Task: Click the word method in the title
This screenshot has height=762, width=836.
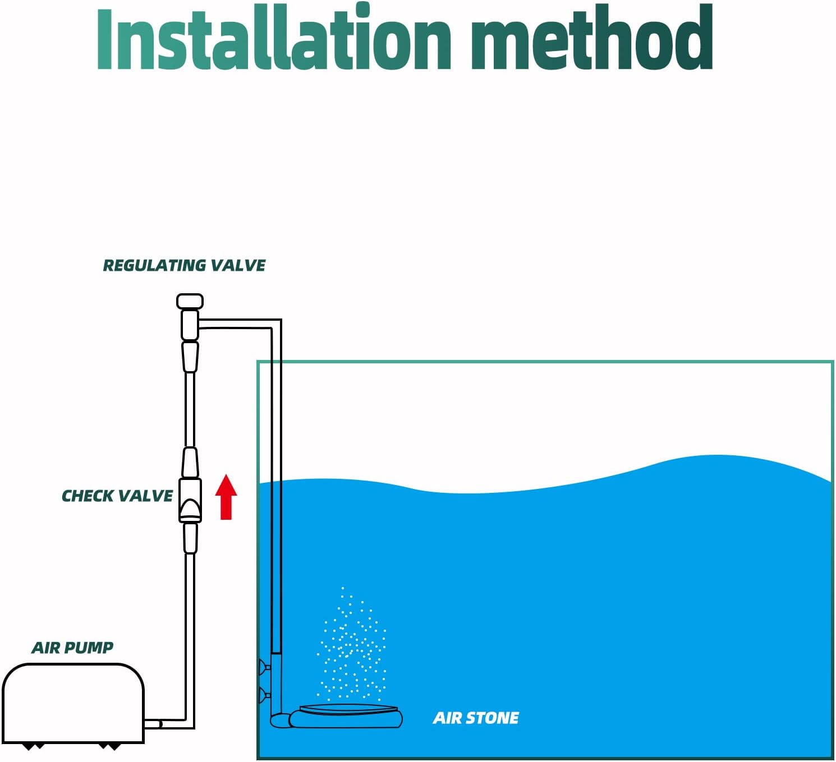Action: click(592, 37)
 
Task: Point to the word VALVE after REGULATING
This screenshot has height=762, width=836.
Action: click(237, 265)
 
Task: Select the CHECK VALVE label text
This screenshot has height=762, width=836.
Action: click(117, 496)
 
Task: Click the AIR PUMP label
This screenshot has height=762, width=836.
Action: click(72, 648)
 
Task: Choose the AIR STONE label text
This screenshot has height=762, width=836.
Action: click(476, 718)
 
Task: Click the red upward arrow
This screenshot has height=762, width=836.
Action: click(226, 497)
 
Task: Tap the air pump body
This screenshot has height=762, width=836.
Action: click(74, 703)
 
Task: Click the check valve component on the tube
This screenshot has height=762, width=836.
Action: click(190, 500)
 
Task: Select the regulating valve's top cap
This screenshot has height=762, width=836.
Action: click(190, 301)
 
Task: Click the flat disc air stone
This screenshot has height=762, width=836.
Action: click(346, 716)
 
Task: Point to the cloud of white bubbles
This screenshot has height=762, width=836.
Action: click(351, 644)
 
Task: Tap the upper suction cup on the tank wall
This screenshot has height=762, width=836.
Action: click(264, 667)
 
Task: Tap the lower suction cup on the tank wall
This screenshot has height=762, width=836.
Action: click(264, 695)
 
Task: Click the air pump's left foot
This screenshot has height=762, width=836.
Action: click(33, 746)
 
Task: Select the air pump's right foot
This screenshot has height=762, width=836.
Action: click(109, 746)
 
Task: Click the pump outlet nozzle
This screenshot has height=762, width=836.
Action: click(153, 724)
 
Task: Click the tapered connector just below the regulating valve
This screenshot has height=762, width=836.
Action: click(190, 356)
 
